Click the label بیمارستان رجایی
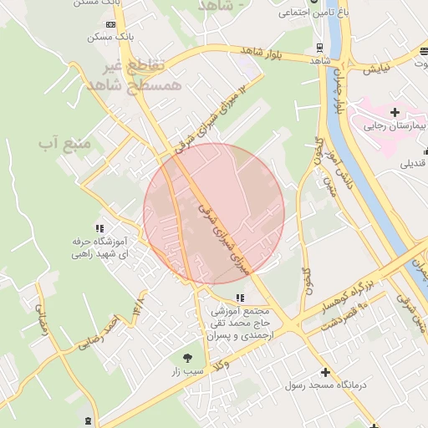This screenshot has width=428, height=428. tap(395, 127)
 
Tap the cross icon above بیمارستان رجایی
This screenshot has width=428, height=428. tap(395, 112)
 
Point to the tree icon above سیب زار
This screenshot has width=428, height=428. tap(186, 358)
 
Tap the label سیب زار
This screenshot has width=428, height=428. tap(186, 371)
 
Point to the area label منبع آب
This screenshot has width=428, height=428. tap(56, 144)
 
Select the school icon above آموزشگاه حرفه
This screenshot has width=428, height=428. tap(99, 228)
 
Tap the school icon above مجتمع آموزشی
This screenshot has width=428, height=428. tap(241, 298)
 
